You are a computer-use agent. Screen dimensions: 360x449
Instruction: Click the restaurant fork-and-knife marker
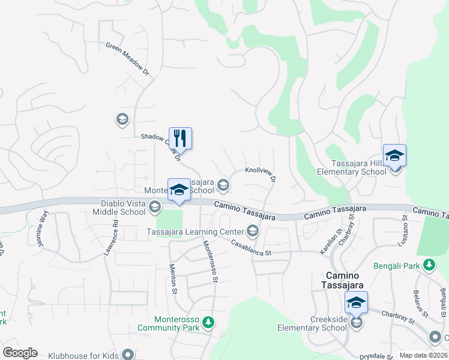tap(180, 139)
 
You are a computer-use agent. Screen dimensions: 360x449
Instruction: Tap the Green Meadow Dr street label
tap(127, 58)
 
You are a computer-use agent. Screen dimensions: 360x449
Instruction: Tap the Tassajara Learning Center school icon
tap(253, 231)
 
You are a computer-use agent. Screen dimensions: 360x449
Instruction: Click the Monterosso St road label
tap(210, 260)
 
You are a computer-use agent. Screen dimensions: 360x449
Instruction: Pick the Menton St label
tap(173, 279)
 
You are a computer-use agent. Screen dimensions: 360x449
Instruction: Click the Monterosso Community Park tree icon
tap(208, 323)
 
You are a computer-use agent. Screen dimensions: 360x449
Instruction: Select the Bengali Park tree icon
tap(429, 264)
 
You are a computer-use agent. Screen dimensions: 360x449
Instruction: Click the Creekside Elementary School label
tap(312, 323)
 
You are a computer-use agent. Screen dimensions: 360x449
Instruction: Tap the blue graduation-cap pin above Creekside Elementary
tap(356, 302)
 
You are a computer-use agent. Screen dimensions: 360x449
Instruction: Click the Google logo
tap(20, 352)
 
